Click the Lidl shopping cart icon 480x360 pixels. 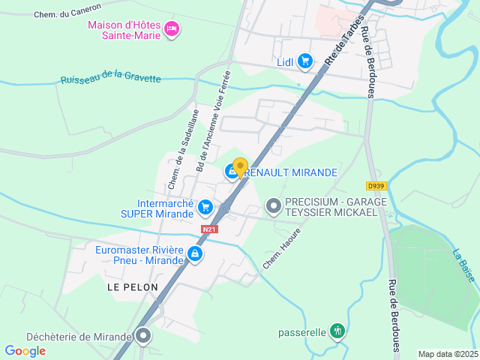click(x=304, y=61)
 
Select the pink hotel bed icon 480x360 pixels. click(x=172, y=28)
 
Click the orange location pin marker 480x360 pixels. click(x=240, y=167)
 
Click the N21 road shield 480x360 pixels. click(x=209, y=229)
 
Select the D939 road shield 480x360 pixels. click(x=376, y=185)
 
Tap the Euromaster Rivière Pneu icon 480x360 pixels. click(x=195, y=254)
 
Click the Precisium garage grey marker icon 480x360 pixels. click(x=274, y=204)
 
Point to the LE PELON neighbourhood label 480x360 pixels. click(x=133, y=287)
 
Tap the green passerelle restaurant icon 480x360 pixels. click(x=338, y=331)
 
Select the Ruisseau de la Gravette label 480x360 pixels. click(x=110, y=78)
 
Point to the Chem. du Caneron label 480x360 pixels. click(x=67, y=14)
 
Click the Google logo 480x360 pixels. click(x=25, y=350)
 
